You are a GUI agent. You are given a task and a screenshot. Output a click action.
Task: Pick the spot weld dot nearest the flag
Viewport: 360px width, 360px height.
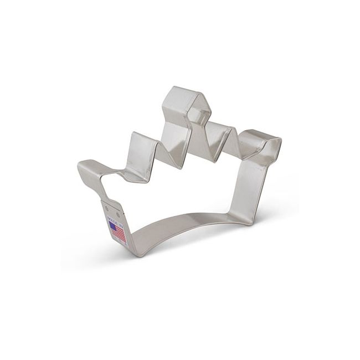coord(118,213)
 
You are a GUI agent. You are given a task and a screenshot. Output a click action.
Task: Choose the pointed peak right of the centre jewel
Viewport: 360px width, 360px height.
coord(233,131)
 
